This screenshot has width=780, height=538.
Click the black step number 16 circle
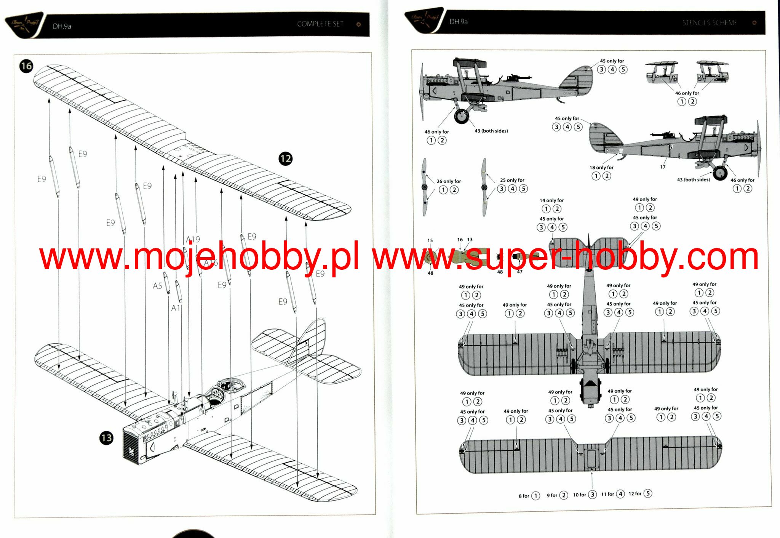pos(26,66)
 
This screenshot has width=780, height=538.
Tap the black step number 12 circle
pos(286,159)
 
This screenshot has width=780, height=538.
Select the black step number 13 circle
pos(107,438)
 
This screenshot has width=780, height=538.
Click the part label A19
pos(193,239)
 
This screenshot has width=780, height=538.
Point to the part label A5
pos(157,286)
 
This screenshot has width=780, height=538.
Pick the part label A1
pos(176,308)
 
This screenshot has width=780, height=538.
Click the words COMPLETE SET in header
pos(320,24)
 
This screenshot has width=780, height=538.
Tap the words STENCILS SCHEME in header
pos(709,23)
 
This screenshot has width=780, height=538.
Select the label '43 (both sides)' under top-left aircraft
pos(491,131)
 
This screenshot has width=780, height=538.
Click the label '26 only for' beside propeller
pos(449,181)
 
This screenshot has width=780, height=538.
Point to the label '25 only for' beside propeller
pos(512,180)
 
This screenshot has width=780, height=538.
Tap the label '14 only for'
pos(551,200)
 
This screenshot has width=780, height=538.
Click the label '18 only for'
pos(601,168)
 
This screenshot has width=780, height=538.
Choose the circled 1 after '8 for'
pos(535,496)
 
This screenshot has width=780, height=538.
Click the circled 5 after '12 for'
pos(647,493)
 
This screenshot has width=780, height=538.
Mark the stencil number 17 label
pos(663,167)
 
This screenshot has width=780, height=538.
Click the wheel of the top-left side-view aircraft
pos(462,116)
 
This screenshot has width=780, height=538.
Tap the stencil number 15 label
pos(430,240)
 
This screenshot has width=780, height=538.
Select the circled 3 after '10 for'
pos(592,495)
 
